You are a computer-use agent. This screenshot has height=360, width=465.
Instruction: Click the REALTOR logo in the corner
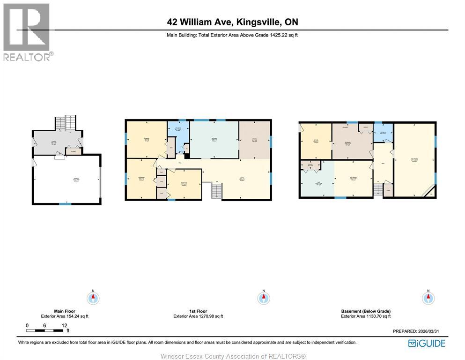(x=27, y=31)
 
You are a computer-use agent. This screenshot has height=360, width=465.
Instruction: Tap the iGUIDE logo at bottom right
(x=427, y=344)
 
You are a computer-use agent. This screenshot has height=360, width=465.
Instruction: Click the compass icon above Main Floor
(x=94, y=298)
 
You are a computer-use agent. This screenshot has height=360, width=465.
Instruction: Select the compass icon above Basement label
(x=428, y=298)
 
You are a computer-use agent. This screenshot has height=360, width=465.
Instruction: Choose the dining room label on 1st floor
(x=254, y=139)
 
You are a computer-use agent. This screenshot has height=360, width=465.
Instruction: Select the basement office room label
(x=315, y=139)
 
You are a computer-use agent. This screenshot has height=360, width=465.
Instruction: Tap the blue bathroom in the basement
(x=383, y=132)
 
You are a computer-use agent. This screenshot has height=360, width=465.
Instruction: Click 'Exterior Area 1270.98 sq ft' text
(x=198, y=316)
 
